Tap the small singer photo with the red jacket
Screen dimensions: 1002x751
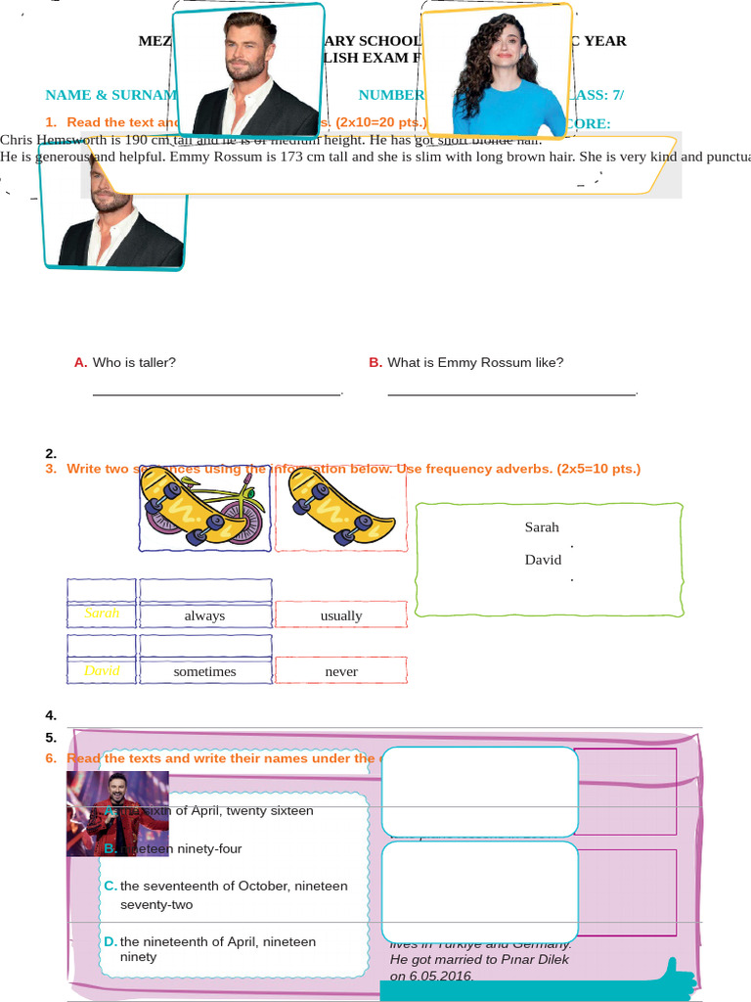(x=117, y=813)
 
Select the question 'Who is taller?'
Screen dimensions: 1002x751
(x=134, y=362)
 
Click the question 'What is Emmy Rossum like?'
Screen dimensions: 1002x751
(x=475, y=362)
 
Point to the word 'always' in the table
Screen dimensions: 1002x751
(x=204, y=615)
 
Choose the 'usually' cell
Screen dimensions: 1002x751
(x=341, y=615)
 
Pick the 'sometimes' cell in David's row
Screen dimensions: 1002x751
(x=204, y=671)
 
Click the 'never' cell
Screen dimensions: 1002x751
(x=341, y=671)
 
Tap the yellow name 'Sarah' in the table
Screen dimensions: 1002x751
(x=102, y=614)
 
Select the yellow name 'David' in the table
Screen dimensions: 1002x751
(x=102, y=670)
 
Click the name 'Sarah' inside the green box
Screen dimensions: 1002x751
(x=542, y=527)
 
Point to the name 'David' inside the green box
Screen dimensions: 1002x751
(x=543, y=560)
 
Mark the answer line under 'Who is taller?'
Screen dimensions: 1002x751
(x=216, y=393)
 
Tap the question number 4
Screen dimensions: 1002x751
(x=51, y=715)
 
